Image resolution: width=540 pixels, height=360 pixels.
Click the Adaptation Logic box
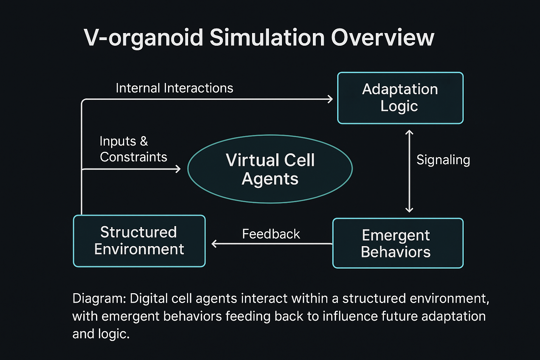(x=400, y=98)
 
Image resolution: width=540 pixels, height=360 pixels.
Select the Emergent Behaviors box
(x=398, y=243)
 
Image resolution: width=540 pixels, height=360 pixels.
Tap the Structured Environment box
(x=139, y=241)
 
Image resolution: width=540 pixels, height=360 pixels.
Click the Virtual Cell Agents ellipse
(x=270, y=169)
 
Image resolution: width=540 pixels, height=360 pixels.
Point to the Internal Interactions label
(x=174, y=88)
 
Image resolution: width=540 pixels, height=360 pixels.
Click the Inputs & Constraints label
(x=133, y=149)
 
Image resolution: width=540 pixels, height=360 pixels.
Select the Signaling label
(x=443, y=160)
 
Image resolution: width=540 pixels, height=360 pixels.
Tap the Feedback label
(x=271, y=234)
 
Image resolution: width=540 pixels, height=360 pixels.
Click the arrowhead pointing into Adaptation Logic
(x=330, y=99)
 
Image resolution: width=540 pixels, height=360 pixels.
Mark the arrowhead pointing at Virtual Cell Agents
(x=178, y=169)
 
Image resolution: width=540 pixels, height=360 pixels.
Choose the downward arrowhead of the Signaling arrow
(x=409, y=210)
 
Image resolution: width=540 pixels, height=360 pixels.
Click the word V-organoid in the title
(x=144, y=38)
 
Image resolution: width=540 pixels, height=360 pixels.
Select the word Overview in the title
(x=382, y=38)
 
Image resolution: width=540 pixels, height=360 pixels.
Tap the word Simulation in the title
(x=267, y=38)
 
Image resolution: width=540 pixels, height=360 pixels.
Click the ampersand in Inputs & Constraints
(x=144, y=141)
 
